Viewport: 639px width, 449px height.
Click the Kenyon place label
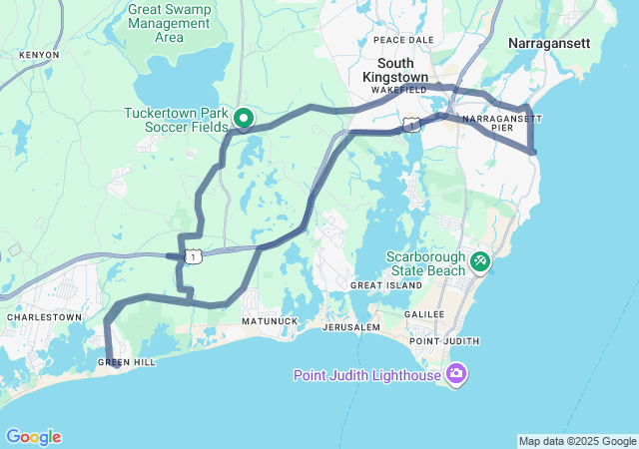(x=38, y=55)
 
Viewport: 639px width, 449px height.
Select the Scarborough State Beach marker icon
(x=480, y=261)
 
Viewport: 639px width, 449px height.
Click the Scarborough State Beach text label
(x=426, y=263)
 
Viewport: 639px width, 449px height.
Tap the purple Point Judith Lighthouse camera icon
(x=457, y=375)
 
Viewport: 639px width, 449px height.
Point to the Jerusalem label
(x=350, y=327)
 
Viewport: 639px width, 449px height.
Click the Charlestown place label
(x=44, y=317)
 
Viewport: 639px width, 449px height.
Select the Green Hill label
(x=126, y=362)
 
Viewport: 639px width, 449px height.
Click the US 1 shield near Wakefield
(x=410, y=125)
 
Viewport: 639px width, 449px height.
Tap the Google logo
(x=33, y=437)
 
